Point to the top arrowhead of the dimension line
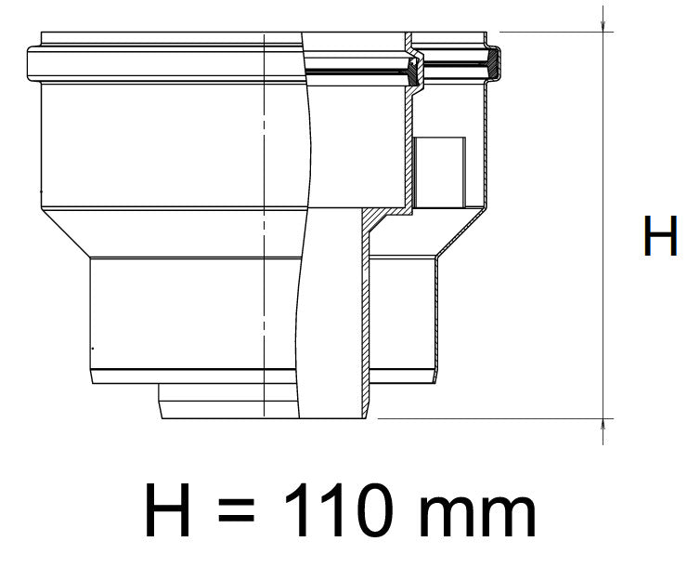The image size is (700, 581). (x=603, y=20)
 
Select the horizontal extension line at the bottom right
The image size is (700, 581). (x=492, y=418)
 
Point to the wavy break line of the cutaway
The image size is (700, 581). (x=305, y=279)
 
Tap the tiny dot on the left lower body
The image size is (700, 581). (x=92, y=348)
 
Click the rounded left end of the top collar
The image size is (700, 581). (x=31, y=63)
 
